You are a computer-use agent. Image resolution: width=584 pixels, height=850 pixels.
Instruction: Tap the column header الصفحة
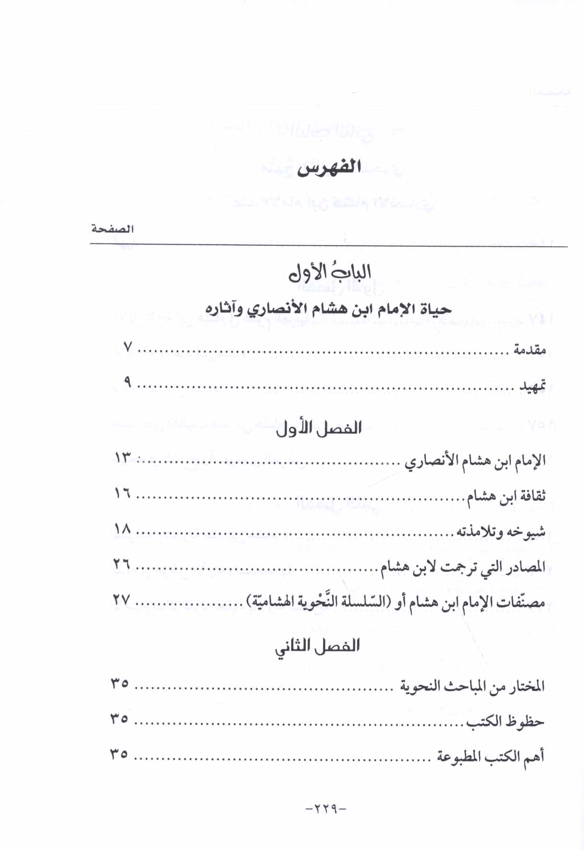point(113,229)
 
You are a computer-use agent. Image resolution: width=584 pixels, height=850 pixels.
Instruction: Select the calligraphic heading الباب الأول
point(330,273)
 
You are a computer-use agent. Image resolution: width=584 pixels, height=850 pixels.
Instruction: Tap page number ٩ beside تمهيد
point(127,383)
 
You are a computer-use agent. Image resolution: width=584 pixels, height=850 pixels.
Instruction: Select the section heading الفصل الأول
point(319,428)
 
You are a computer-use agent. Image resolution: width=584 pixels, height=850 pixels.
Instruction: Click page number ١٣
point(123,458)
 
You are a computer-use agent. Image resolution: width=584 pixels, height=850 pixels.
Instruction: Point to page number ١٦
point(123,494)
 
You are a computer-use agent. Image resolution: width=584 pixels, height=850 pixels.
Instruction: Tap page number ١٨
point(123,530)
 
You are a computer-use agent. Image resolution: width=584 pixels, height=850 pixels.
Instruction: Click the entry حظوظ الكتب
point(505,722)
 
